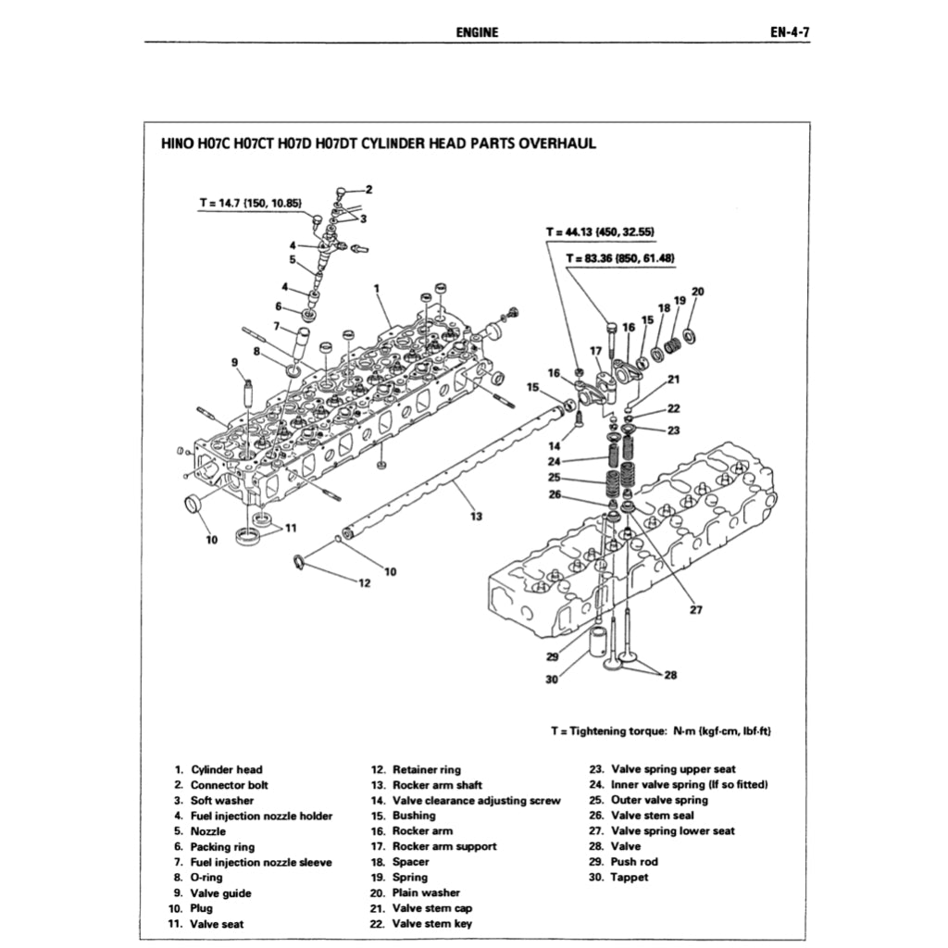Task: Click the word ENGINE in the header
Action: [x=477, y=32]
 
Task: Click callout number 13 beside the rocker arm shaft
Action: [x=476, y=517]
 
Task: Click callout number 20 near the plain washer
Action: [x=697, y=291]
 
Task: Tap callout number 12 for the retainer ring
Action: [x=364, y=582]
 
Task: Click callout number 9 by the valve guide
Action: [x=235, y=362]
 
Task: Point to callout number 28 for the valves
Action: [x=670, y=675]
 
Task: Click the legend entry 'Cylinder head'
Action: [x=226, y=769]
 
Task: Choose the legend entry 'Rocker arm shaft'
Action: [x=437, y=785]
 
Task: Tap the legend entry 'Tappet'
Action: [x=629, y=878]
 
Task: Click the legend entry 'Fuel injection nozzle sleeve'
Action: [x=260, y=862]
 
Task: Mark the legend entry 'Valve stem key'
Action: [x=431, y=924]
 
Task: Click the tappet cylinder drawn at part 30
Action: [x=604, y=646]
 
